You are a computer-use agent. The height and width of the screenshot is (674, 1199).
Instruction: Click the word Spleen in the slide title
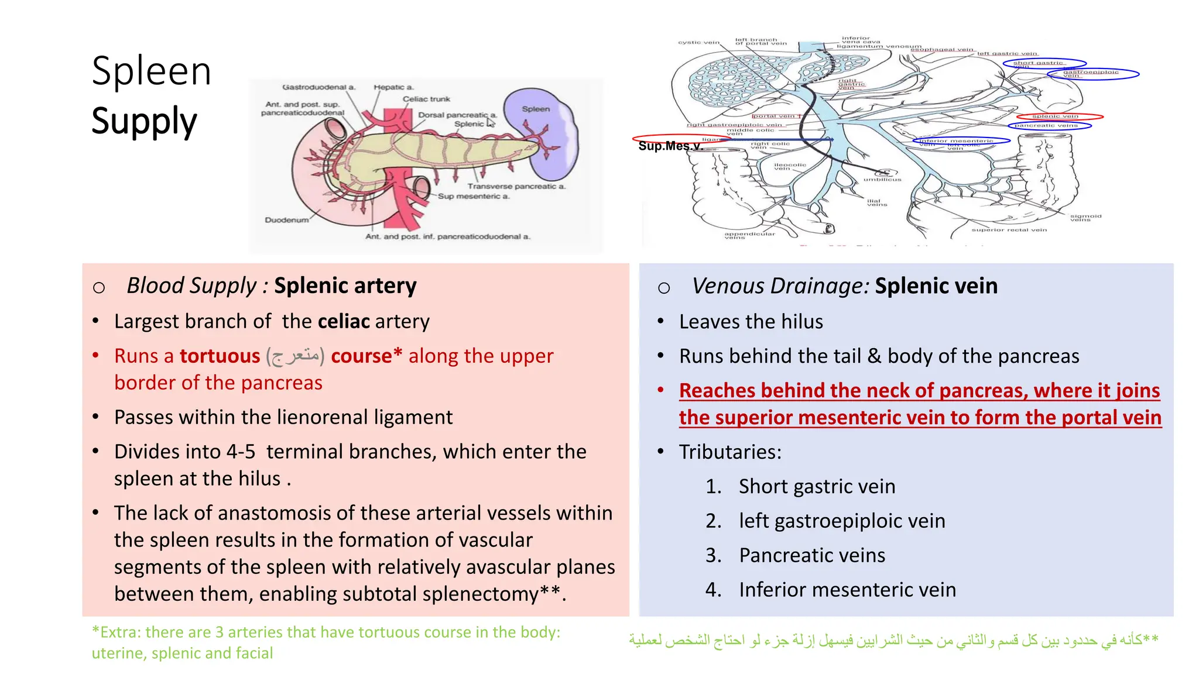tap(151, 71)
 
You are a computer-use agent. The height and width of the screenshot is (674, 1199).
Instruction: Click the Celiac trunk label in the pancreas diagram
tap(426, 99)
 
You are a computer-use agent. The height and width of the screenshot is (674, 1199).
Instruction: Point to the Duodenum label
tap(286, 220)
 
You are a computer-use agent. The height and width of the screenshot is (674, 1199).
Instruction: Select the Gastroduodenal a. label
tap(318, 87)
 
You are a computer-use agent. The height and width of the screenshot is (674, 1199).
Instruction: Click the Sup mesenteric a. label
tap(474, 197)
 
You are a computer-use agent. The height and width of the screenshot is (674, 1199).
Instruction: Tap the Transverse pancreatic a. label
tap(516, 186)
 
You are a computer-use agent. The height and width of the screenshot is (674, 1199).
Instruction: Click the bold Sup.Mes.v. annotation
tap(670, 146)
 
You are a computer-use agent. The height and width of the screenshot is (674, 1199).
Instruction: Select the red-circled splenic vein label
tap(1055, 116)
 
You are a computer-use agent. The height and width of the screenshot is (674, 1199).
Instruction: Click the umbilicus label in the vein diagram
tap(882, 179)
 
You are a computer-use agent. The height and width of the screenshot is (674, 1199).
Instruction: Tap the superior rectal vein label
tap(1009, 230)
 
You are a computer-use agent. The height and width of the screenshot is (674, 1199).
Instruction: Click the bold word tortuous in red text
tap(220, 356)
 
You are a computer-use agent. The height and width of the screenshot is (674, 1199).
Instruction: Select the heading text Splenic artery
tap(345, 286)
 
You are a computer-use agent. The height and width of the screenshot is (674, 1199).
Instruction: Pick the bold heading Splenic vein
tap(936, 286)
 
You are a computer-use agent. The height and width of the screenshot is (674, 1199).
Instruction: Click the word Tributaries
tap(729, 452)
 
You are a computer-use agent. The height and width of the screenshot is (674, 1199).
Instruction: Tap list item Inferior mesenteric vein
tap(847, 589)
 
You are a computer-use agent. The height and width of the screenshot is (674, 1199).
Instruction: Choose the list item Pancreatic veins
tap(812, 555)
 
